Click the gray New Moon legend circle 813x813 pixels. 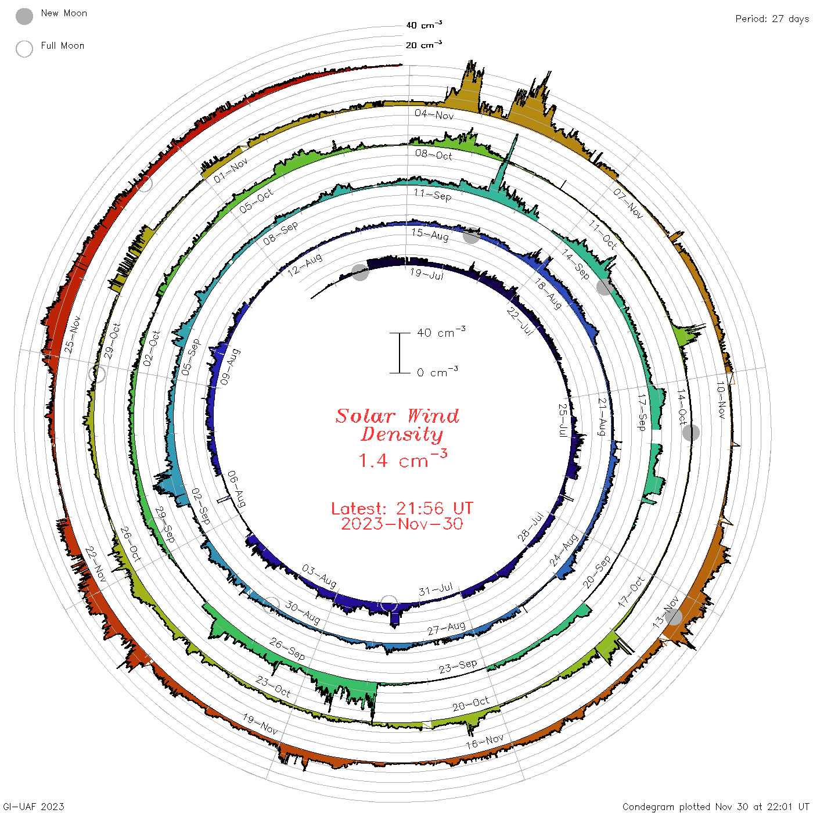pyautogui.click(x=24, y=16)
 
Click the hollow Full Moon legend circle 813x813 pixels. pyautogui.click(x=24, y=49)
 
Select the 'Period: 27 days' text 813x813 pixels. pyautogui.click(x=772, y=19)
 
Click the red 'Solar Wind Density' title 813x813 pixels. pyautogui.click(x=397, y=425)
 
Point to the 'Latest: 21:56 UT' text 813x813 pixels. pyautogui.click(x=402, y=508)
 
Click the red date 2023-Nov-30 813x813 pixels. pyautogui.click(x=402, y=524)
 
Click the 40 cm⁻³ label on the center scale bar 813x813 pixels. pyautogui.click(x=441, y=332)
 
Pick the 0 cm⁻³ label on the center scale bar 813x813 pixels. pyautogui.click(x=437, y=372)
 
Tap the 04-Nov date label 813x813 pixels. pyautogui.click(x=434, y=114)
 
